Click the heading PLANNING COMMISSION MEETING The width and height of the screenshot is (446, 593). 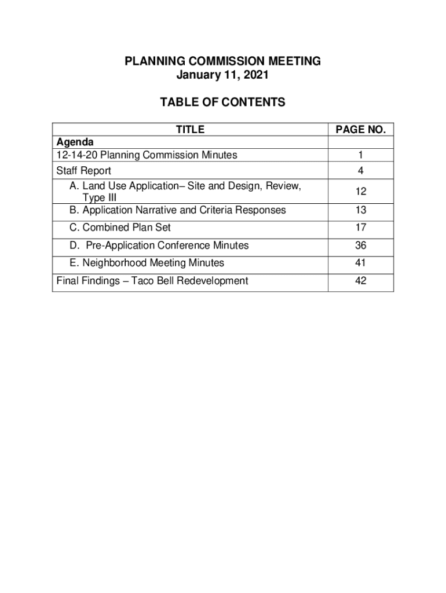[x=222, y=62]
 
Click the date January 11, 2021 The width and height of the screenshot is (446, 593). [x=222, y=76]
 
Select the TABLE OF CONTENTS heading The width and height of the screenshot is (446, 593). [x=222, y=103]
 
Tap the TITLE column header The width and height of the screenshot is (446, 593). [x=190, y=130]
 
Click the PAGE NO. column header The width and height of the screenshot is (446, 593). [x=361, y=130]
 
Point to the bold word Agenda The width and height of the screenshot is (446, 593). [x=75, y=142]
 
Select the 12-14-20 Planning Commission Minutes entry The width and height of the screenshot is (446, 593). [x=147, y=155]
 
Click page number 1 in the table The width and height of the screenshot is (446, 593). [x=361, y=155]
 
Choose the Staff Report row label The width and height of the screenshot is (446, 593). [x=83, y=171]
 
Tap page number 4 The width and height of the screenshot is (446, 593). [x=361, y=171]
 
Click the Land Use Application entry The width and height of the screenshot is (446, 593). [x=184, y=186]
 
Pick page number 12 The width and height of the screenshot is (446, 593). [x=361, y=192]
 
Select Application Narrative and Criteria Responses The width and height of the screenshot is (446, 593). [x=177, y=210]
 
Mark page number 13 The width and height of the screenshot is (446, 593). [x=361, y=210]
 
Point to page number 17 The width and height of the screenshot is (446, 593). [x=361, y=228]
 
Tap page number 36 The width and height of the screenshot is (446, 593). [x=361, y=246]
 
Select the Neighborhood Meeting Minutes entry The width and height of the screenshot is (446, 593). [x=147, y=263]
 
